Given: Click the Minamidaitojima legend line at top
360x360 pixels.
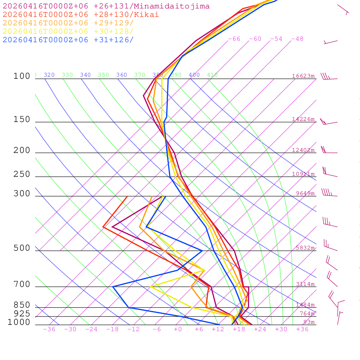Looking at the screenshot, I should pyautogui.click(x=106, y=6).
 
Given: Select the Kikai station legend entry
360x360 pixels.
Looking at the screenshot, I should pyautogui.click(x=81, y=15).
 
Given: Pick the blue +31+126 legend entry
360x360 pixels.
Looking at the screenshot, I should pyautogui.click(x=68, y=40).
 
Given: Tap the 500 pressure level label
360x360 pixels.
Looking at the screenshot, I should pyautogui.click(x=22, y=248).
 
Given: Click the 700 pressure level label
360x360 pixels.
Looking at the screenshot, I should pyautogui.click(x=22, y=284).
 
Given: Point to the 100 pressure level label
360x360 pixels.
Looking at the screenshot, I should pyautogui.click(x=22, y=76).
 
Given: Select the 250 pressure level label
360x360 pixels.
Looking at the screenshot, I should pyautogui.click(x=22, y=174).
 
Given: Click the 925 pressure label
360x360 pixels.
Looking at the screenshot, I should pyautogui.click(x=22, y=314).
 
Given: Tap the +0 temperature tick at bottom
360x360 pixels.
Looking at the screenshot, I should pyautogui.click(x=178, y=329).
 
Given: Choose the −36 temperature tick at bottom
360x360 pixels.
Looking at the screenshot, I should pyautogui.click(x=49, y=329).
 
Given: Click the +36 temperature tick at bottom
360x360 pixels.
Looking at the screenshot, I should pyautogui.click(x=302, y=329).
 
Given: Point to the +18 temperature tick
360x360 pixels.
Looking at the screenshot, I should pyautogui.click(x=239, y=329).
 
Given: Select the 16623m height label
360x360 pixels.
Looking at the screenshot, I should pyautogui.click(x=303, y=76).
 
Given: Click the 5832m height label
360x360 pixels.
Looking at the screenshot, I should pyautogui.click(x=305, y=248).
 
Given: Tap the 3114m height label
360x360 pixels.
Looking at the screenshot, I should pyautogui.click(x=305, y=284).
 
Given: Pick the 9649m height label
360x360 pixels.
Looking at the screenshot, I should pyautogui.click(x=305, y=193).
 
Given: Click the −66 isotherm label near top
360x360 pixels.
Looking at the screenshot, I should pyautogui.click(x=234, y=39).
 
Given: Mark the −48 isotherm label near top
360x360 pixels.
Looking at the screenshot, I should pyautogui.click(x=297, y=39).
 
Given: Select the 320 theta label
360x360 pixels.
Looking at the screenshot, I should pyautogui.click(x=49, y=75).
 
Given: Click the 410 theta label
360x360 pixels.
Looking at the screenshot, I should pyautogui.click(x=212, y=75).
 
